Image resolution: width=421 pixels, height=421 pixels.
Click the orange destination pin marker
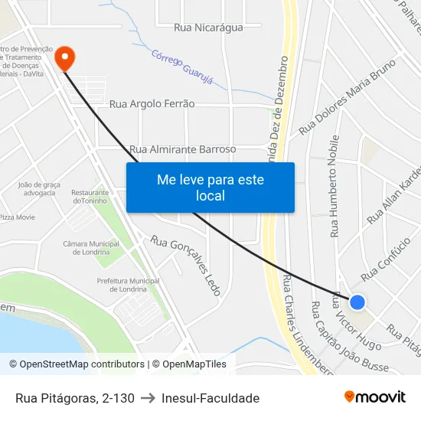pyautogui.click(x=65, y=57)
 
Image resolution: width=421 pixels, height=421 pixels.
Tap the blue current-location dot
pyautogui.click(x=357, y=302)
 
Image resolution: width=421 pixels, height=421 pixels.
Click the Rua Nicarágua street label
pyautogui.click(x=208, y=28)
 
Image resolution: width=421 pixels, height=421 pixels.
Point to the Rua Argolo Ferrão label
pyautogui.click(x=152, y=104)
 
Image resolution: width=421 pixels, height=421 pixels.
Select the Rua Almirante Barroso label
pyautogui.click(x=183, y=149)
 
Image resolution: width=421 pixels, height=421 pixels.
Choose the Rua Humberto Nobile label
pyautogui.click(x=335, y=187)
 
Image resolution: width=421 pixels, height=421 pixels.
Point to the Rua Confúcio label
pyautogui.click(x=386, y=257)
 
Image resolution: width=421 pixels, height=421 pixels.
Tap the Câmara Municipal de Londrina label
pyautogui.click(x=91, y=248)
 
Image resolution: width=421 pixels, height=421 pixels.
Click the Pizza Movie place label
pyautogui.click(x=17, y=217)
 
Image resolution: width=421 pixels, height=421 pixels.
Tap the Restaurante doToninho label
pyautogui.click(x=90, y=197)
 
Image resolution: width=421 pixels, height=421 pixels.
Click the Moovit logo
pyautogui.click(x=374, y=397)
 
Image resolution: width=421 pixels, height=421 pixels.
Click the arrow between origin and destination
pyautogui.click(x=148, y=398)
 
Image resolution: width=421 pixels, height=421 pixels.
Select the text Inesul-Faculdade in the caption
pyautogui.click(x=210, y=398)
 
